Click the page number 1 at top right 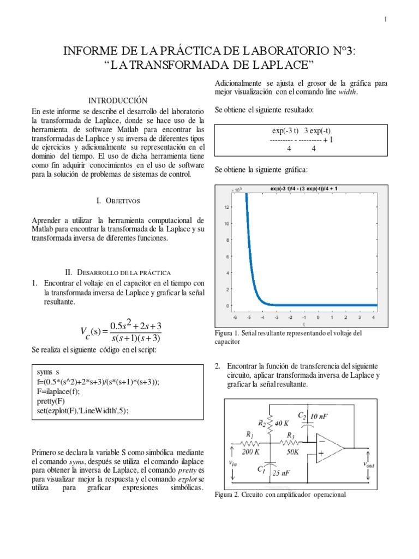coord(385,20)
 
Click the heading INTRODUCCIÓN coord(118,101)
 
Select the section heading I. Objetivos coord(118,201)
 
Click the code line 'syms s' coord(49,372)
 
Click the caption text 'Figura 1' coord(229,332)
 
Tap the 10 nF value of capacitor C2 coord(321,417)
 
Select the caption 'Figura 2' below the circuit coord(230,495)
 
